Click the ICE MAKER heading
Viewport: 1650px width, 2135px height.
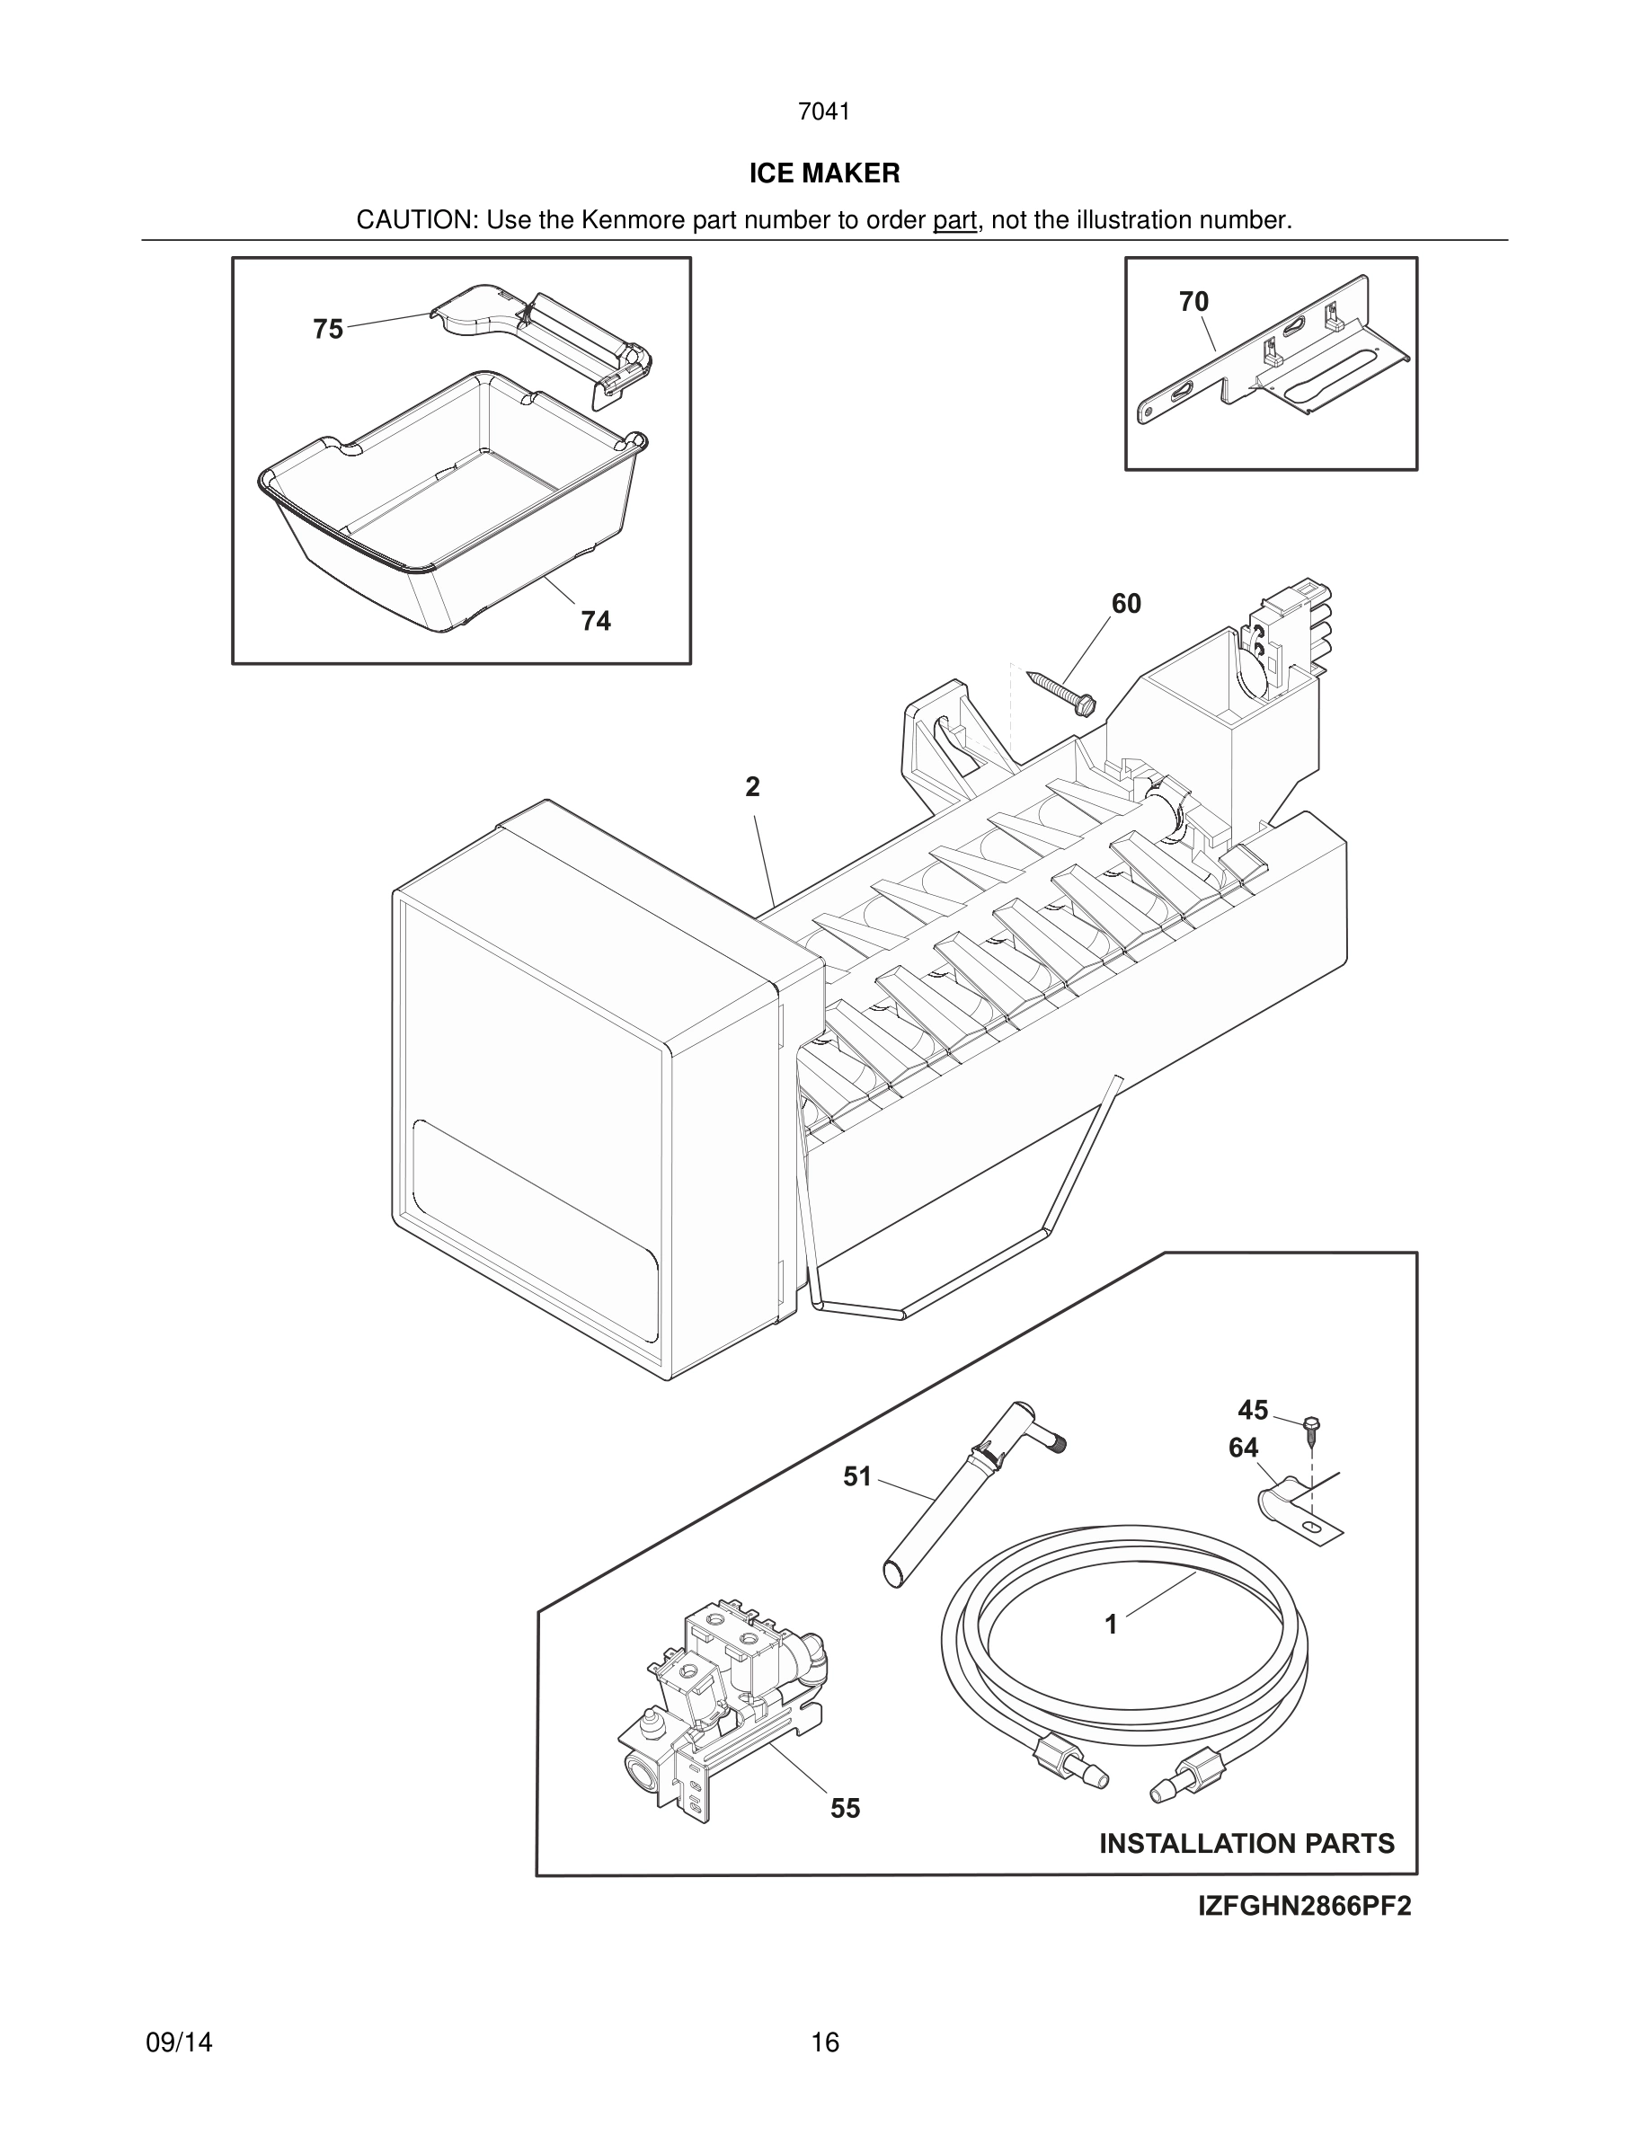click(824, 173)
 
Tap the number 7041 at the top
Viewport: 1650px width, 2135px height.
click(824, 112)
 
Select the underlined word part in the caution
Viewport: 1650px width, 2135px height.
click(954, 221)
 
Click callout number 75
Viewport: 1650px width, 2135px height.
click(328, 330)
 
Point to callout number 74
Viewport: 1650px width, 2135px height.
click(595, 621)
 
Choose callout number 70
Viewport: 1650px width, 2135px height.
click(1193, 302)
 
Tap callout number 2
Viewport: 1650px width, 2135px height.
click(751, 787)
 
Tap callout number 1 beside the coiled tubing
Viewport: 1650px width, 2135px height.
click(1111, 1625)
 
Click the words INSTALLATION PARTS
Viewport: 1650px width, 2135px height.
click(1246, 1844)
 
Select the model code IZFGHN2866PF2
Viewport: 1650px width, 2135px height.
click(1304, 1908)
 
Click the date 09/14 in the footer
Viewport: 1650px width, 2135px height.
click(179, 2042)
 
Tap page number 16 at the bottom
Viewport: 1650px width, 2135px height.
click(824, 2042)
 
